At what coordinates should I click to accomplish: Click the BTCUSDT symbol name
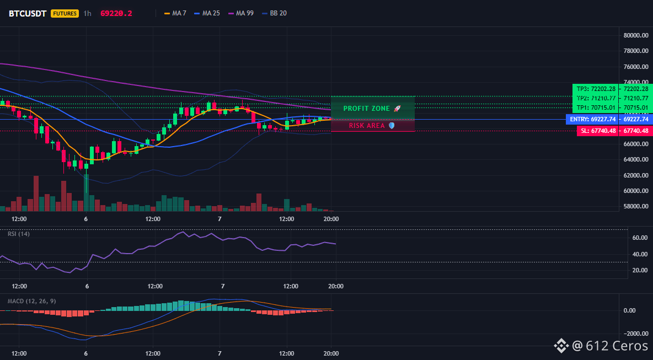click(28, 13)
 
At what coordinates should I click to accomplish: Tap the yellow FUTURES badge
click(65, 13)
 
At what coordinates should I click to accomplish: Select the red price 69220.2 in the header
click(116, 13)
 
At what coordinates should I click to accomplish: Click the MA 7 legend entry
click(175, 13)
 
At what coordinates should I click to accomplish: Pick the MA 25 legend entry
click(207, 13)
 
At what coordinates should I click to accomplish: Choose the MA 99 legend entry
click(241, 13)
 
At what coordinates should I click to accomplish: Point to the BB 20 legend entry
click(275, 13)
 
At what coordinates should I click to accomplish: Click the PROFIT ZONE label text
click(366, 109)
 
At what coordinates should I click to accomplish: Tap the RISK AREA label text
click(367, 125)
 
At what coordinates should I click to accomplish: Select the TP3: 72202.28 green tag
click(595, 89)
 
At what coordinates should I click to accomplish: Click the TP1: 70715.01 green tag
click(595, 108)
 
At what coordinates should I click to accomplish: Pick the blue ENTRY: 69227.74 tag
click(592, 119)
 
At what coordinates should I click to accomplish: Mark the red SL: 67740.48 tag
click(597, 131)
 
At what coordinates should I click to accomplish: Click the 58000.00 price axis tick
click(636, 206)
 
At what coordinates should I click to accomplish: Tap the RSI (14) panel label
click(19, 234)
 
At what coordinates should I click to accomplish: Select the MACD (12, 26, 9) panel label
click(31, 300)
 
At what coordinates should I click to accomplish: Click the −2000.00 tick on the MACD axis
click(635, 334)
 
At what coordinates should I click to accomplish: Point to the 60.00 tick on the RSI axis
click(639, 238)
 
